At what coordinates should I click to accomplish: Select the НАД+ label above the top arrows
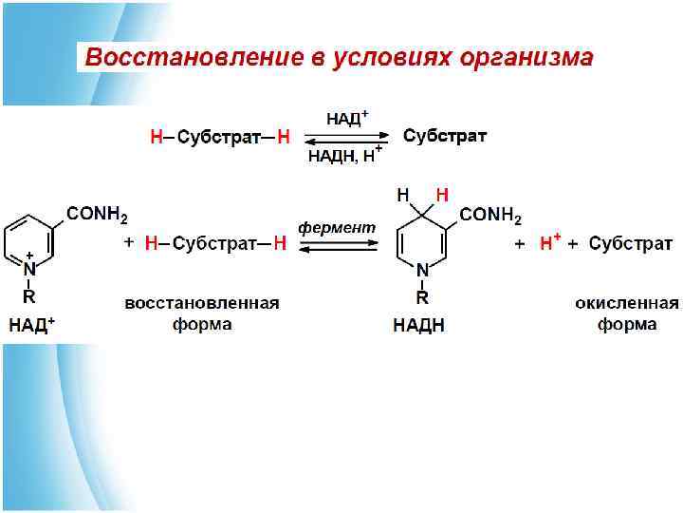(x=346, y=119)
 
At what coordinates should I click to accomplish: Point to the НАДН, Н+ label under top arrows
(x=344, y=156)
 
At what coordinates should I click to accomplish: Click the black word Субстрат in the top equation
(x=445, y=136)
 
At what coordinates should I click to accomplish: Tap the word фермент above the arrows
(x=337, y=228)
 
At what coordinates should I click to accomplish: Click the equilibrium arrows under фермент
(x=337, y=246)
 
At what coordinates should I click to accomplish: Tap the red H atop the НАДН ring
(x=441, y=196)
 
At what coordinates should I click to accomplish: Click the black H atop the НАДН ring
(x=403, y=196)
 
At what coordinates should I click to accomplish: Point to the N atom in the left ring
(x=29, y=271)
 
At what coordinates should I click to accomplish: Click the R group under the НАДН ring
(x=423, y=296)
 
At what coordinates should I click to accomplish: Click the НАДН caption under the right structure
(x=419, y=325)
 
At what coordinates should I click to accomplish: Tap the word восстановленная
(x=202, y=303)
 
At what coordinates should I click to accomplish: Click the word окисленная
(x=627, y=303)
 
